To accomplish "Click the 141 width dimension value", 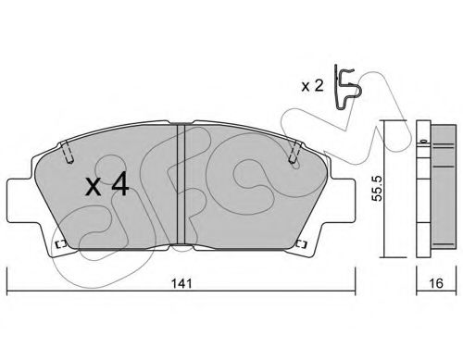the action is pos(181,283).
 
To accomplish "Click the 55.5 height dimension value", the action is pos(377,188).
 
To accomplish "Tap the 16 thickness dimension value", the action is pos(436,283).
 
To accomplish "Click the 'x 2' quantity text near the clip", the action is pos(312,86).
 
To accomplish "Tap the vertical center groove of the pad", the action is pos(181,184).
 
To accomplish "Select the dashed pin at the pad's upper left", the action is pos(67,152).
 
